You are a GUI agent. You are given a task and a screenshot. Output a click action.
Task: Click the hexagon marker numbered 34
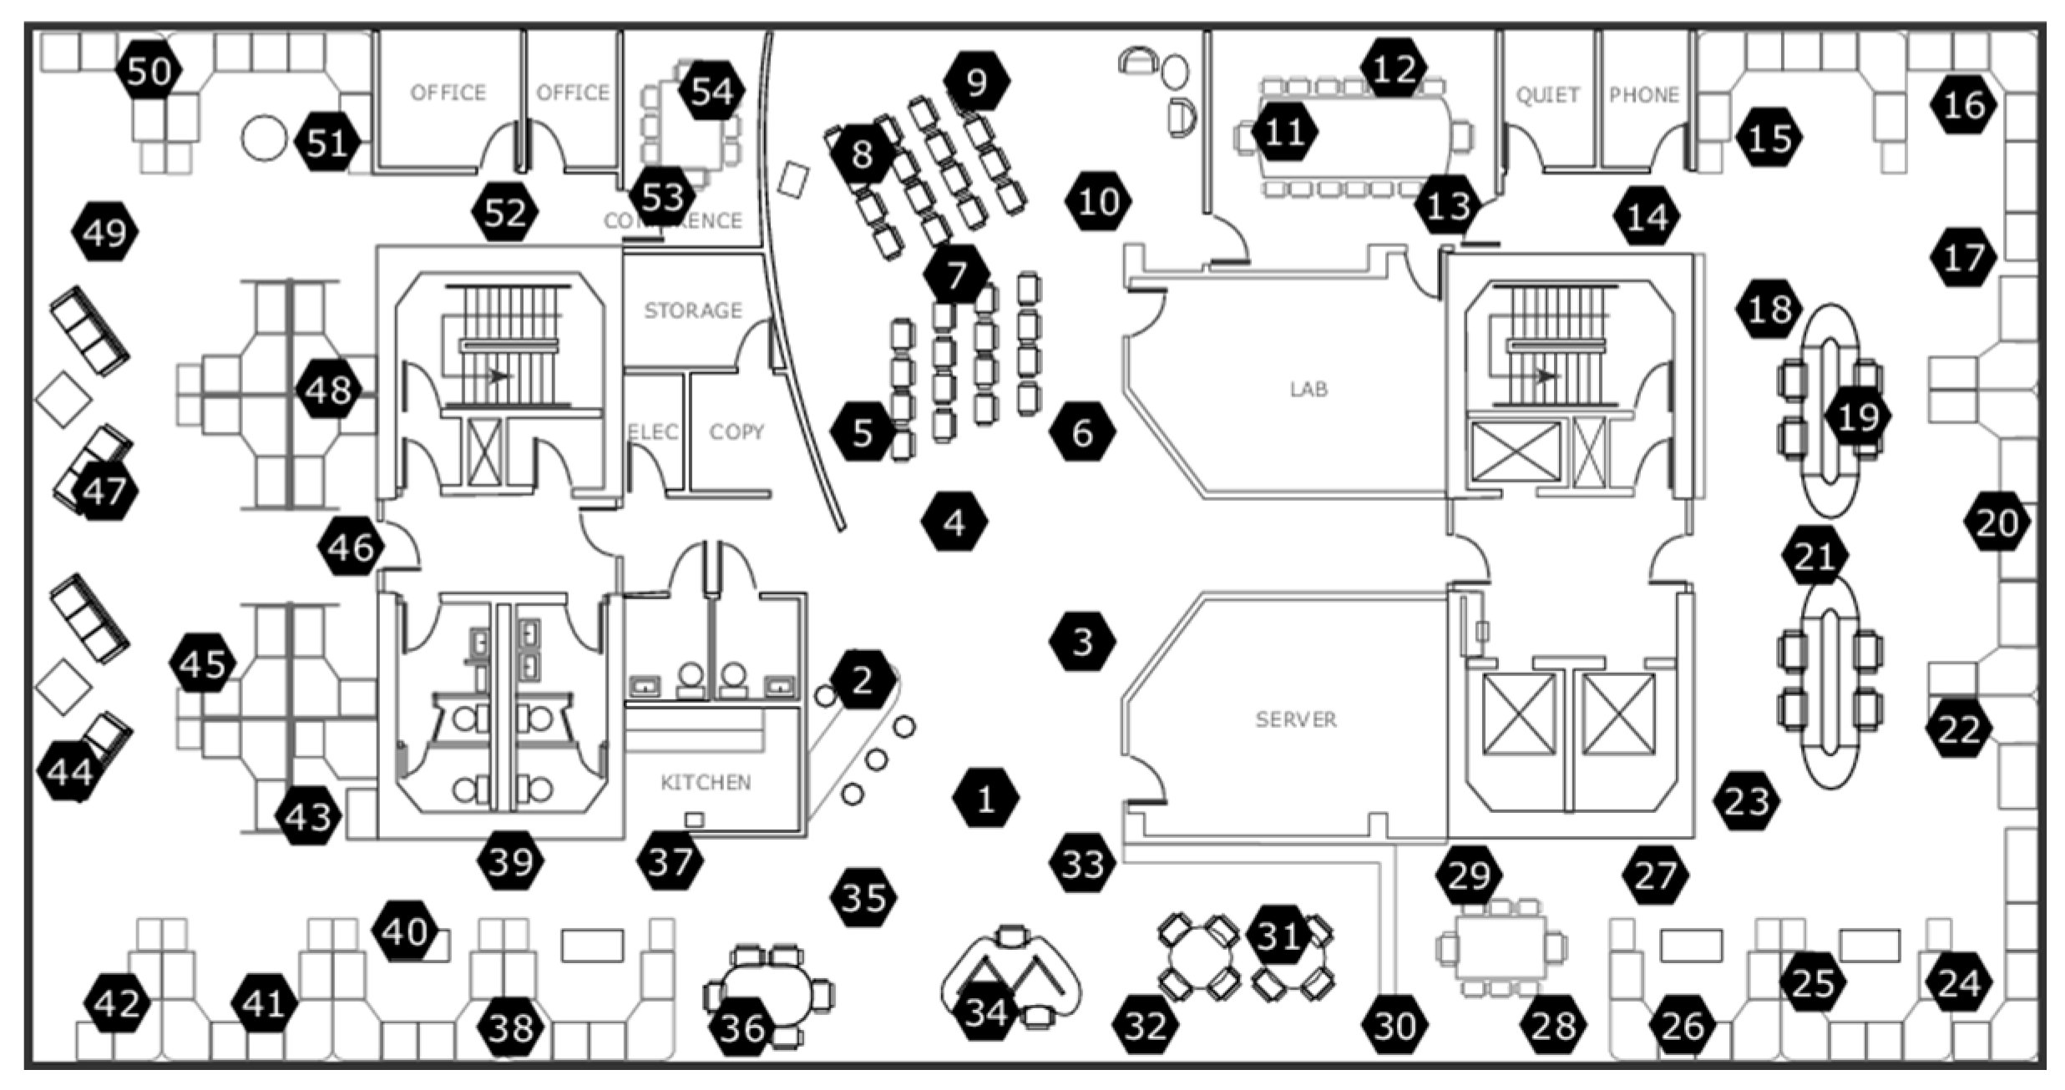coord(986,1012)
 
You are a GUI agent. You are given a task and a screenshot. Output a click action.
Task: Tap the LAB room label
coord(1308,389)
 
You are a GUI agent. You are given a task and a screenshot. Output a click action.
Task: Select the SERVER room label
coord(1296,719)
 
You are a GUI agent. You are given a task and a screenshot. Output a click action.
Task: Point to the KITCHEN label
coord(706,782)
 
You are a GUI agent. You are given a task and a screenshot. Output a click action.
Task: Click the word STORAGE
coord(692,310)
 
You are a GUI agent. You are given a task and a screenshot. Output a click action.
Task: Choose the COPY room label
coord(736,431)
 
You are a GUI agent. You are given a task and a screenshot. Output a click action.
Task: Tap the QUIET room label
coord(1547,95)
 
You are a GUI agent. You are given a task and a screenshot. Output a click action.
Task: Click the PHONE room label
coord(1643,95)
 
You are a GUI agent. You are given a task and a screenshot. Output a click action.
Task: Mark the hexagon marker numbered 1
coord(985,799)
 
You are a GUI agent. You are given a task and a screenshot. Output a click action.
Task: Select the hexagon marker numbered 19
coord(1858,416)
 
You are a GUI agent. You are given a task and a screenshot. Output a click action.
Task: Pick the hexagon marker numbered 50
coord(149,72)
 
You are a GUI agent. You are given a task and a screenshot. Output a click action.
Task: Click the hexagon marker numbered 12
coord(1393,68)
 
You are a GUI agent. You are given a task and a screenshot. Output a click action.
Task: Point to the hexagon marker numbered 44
coord(70,773)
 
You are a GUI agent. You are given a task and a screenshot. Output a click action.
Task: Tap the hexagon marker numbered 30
coord(1394,1025)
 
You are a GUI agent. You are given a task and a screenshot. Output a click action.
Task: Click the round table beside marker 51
coord(264,139)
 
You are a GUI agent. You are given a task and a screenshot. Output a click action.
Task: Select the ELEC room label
coord(652,431)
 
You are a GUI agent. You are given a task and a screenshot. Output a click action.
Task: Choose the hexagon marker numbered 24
coord(1959,983)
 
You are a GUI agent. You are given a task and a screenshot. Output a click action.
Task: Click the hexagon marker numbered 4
coord(954,522)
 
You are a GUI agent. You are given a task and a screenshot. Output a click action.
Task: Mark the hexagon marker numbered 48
coord(328,389)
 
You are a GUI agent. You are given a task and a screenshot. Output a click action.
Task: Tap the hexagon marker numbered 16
coord(1963,105)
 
